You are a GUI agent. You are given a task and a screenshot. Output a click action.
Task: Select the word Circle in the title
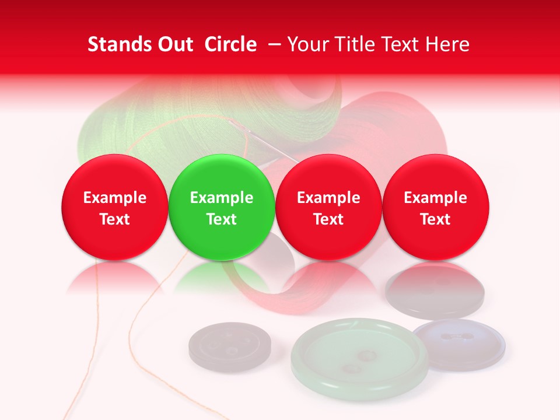point(230,44)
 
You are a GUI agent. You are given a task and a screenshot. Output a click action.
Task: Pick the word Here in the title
point(447,44)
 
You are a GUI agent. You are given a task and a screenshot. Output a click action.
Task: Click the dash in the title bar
point(272,45)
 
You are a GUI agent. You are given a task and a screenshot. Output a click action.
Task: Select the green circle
point(221,207)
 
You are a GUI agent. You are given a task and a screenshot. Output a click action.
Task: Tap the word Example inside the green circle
point(221,198)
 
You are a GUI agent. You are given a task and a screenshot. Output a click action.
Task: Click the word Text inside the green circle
point(221,219)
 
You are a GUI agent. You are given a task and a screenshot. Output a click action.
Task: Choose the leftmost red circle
point(114,207)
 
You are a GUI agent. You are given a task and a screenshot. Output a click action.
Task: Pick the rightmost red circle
point(435,207)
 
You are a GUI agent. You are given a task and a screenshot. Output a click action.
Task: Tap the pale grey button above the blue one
point(435,292)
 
